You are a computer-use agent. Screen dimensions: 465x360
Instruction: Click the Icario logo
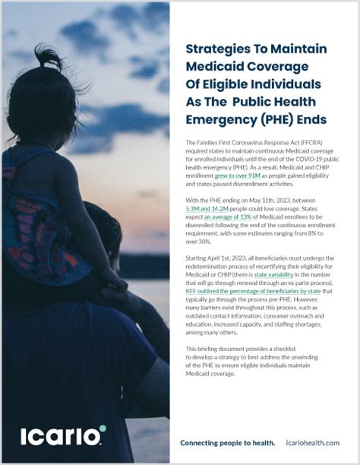tap(62, 437)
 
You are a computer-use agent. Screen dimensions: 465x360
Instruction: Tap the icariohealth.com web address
tap(313, 443)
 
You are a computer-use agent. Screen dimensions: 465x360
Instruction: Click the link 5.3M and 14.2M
tap(210, 207)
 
